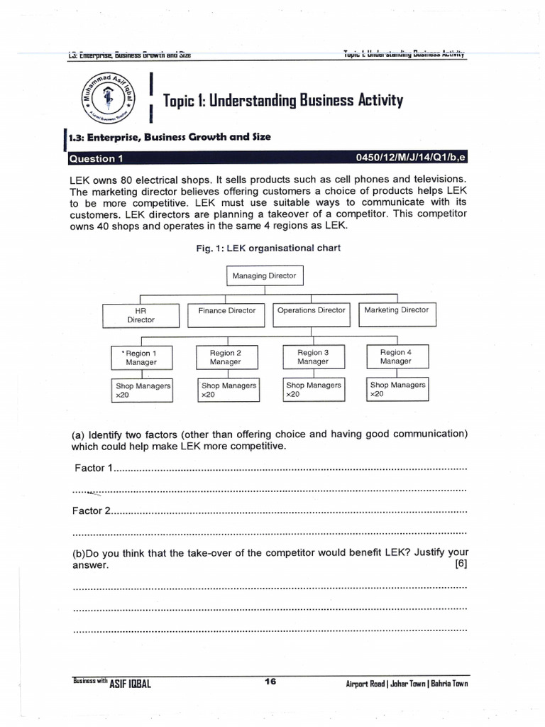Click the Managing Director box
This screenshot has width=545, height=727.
point(263,275)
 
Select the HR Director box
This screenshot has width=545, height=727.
point(140,315)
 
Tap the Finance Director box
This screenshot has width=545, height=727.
point(226,311)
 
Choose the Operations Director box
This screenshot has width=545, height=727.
point(311,311)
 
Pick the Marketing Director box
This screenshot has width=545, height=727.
point(396,311)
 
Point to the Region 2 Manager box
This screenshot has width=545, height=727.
point(225,356)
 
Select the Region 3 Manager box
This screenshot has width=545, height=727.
point(313,356)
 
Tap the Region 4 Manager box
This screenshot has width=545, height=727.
point(395,356)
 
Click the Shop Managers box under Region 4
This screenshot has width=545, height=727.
point(397,389)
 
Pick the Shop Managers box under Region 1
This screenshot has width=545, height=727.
point(143,390)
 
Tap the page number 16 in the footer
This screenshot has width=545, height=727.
point(270,682)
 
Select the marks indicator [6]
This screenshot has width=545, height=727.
point(460,564)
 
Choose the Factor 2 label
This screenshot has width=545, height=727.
point(91,510)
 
